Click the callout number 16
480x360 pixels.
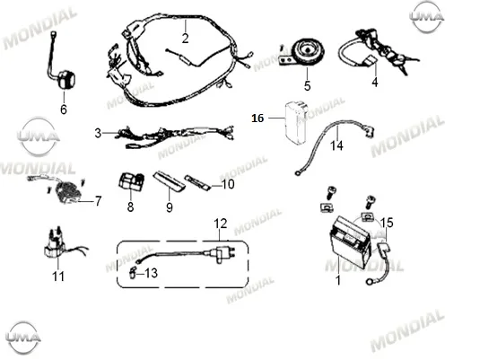[x=257, y=118]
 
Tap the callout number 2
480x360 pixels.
[x=185, y=39]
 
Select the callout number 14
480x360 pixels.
[x=336, y=145]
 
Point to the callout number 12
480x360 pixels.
[x=221, y=224]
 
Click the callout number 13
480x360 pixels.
[x=151, y=273]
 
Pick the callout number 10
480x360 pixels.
[x=228, y=184]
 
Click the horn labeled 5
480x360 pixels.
[x=302, y=52]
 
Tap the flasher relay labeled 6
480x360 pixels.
[x=65, y=79]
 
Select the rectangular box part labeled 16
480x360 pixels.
[x=296, y=123]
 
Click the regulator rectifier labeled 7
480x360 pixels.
[x=66, y=193]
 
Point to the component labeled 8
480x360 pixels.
[x=131, y=181]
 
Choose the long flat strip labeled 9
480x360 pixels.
[x=169, y=181]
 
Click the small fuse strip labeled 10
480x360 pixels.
[x=197, y=182]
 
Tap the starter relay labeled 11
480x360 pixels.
[x=54, y=245]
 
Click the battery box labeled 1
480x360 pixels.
[x=351, y=242]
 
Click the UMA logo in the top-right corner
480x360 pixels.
[x=426, y=16]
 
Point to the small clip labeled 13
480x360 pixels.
[x=132, y=273]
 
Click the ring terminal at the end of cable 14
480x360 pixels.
[x=297, y=173]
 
